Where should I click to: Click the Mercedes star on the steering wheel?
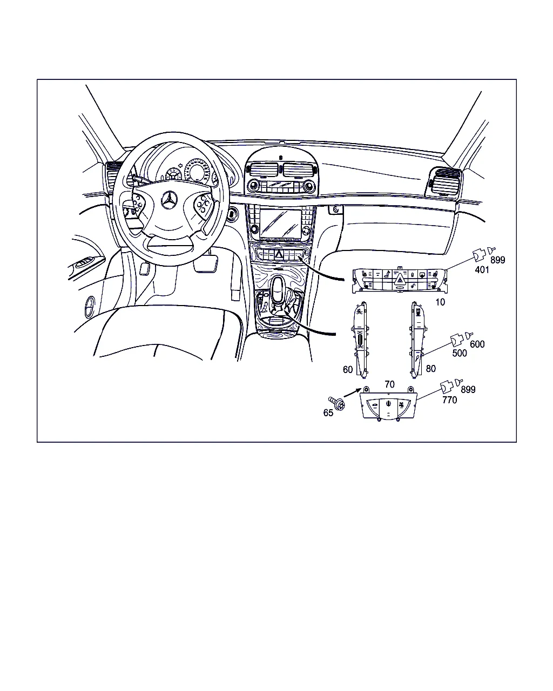click(170, 200)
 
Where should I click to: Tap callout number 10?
click(440, 302)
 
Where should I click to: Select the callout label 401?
click(482, 270)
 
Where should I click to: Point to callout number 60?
click(348, 370)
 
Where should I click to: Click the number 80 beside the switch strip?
click(430, 369)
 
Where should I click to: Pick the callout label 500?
click(460, 353)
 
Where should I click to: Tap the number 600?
click(477, 344)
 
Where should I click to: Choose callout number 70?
click(389, 384)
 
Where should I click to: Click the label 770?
click(449, 400)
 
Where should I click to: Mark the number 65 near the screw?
click(328, 413)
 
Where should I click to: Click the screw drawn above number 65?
click(336, 403)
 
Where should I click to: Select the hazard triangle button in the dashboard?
click(279, 255)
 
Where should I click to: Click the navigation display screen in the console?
click(280, 223)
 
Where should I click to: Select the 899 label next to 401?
click(498, 260)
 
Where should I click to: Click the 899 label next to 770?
click(468, 389)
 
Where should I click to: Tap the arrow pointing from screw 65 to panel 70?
click(353, 392)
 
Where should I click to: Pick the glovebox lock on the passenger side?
click(336, 209)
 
